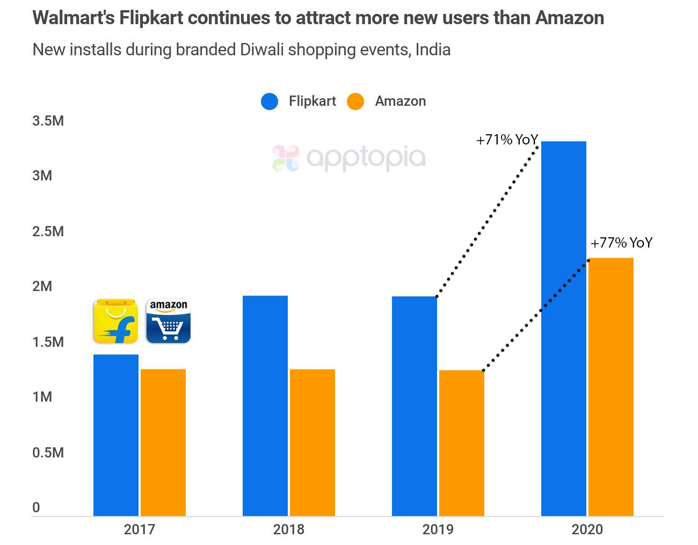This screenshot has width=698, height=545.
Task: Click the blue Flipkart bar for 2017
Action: [116, 435]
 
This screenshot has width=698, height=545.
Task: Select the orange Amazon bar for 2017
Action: [163, 442]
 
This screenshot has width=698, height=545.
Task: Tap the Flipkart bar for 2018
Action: [265, 406]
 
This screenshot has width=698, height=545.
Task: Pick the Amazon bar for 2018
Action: [312, 442]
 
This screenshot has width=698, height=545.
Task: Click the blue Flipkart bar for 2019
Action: [415, 406]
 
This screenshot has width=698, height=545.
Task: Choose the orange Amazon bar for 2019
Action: [462, 443]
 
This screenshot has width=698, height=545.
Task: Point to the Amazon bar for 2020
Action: [611, 387]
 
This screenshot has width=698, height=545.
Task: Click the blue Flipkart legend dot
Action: [270, 101]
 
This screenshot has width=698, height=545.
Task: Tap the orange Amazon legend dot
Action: [355, 101]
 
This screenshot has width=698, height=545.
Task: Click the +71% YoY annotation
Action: [507, 140]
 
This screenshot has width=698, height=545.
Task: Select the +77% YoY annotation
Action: [621, 243]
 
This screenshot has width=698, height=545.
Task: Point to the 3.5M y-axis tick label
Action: [48, 121]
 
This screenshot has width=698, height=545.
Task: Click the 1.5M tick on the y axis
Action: [48, 342]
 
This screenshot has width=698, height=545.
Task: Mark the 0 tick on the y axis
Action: [37, 507]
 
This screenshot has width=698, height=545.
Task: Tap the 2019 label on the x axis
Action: [438, 529]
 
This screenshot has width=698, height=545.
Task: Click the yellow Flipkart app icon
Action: [115, 321]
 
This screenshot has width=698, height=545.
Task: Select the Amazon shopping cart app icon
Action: [169, 321]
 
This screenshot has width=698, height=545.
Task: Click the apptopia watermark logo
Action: [349, 158]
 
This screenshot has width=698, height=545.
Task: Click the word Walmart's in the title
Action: [74, 18]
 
